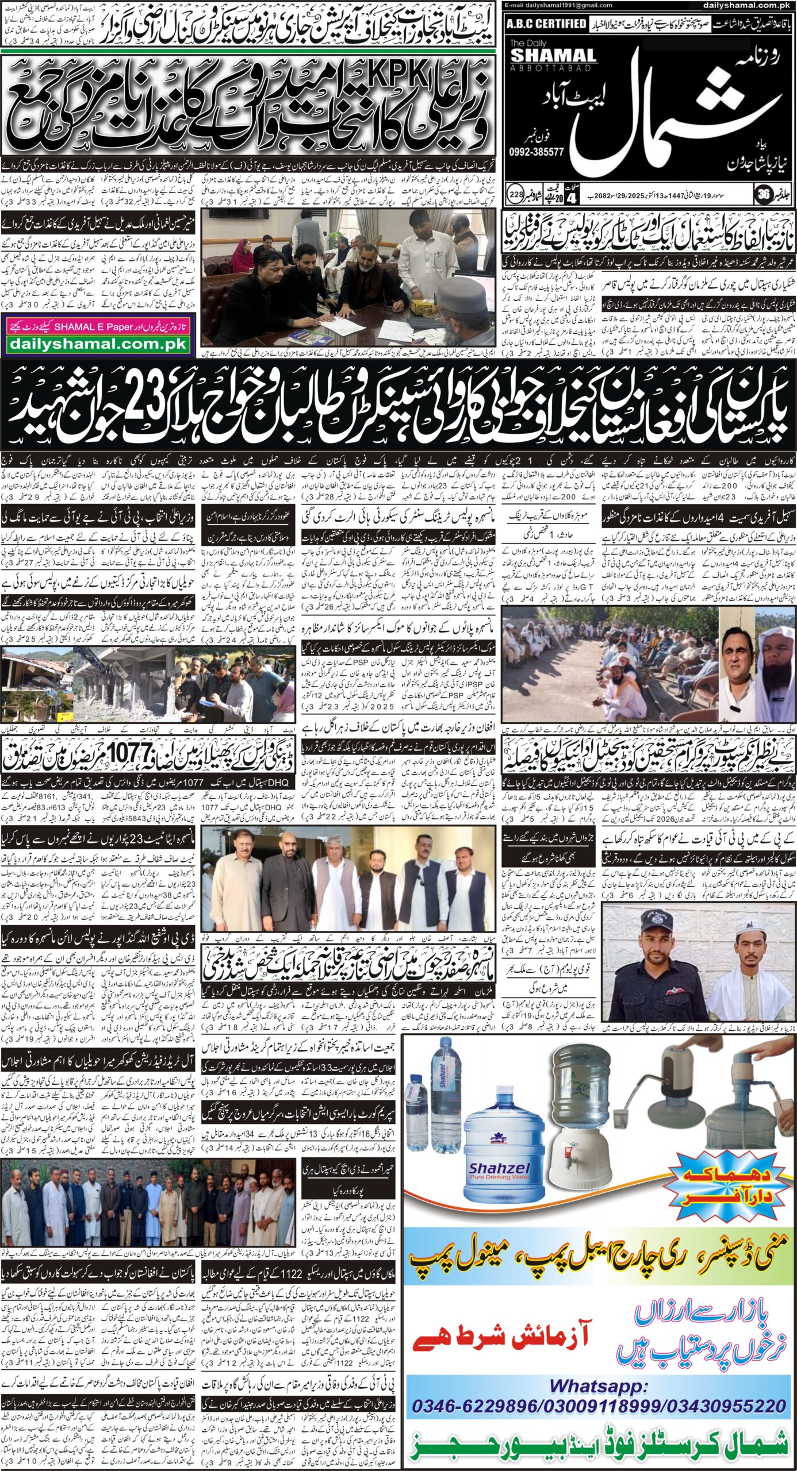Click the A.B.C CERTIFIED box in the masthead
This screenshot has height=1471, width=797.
tap(547, 24)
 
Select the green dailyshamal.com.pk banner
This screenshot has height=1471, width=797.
tap(97, 344)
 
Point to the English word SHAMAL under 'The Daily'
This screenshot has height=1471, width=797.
tap(545, 55)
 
